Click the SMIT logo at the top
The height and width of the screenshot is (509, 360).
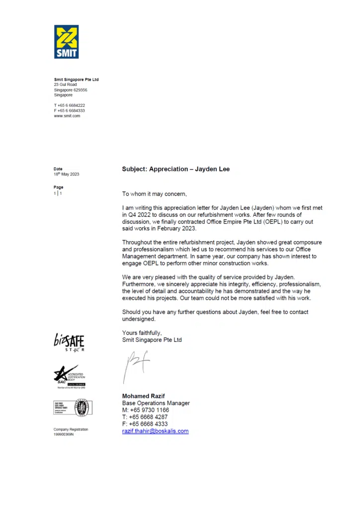[x=66, y=42]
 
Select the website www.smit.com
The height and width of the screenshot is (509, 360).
[x=67, y=115]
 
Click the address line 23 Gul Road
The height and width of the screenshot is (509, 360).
[x=65, y=85]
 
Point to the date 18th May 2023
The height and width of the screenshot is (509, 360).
[x=66, y=174]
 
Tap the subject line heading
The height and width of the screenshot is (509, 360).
[x=176, y=170]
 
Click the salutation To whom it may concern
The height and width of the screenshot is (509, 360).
[x=154, y=194]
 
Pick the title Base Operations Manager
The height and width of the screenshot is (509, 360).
[x=156, y=403]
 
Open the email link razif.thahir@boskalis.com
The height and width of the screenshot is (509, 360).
[x=155, y=431]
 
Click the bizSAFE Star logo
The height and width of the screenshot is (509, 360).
[x=69, y=342]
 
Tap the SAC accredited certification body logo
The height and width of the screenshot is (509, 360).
[x=70, y=376]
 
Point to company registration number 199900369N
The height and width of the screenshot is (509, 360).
[x=64, y=434]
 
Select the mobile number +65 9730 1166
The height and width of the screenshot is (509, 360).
[x=145, y=410]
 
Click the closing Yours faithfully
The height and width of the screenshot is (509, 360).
[x=142, y=333]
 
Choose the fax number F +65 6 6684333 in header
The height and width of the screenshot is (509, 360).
[x=69, y=110]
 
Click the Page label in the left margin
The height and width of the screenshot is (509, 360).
[x=58, y=187]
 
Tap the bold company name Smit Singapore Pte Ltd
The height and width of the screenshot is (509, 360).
[x=76, y=80]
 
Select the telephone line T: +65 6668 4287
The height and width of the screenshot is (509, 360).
[x=145, y=417]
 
